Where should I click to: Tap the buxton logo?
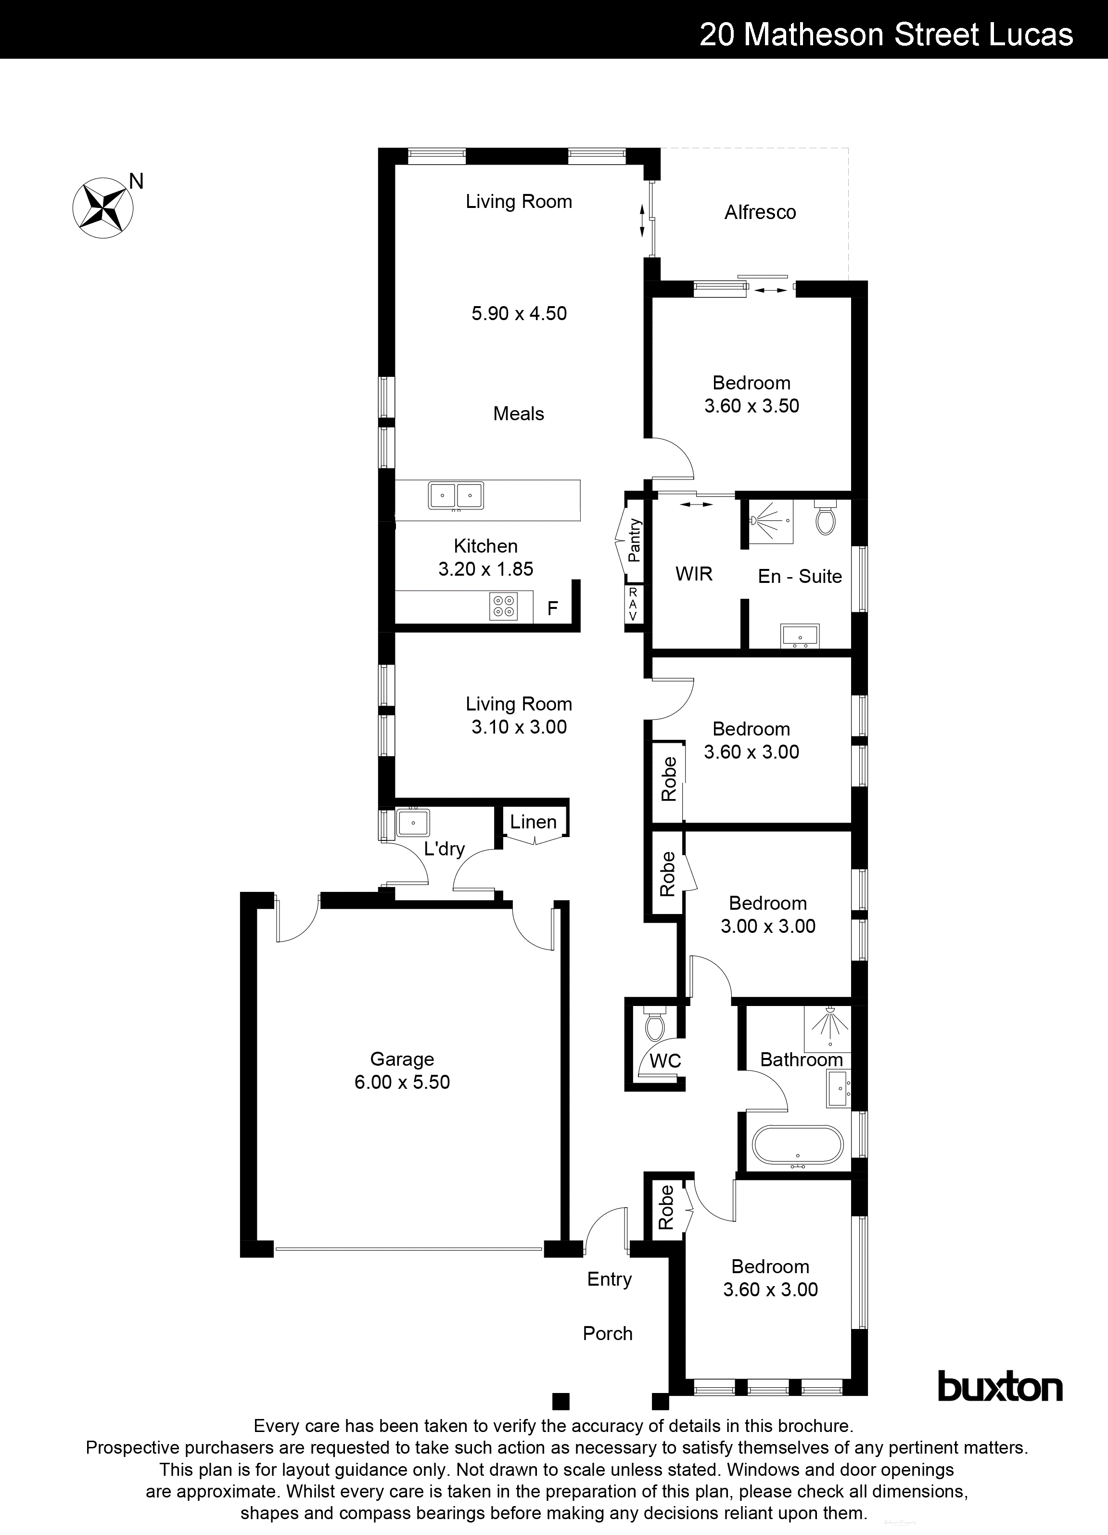(1000, 1387)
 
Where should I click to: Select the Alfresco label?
(760, 213)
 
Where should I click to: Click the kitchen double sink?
(456, 495)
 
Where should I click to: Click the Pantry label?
(634, 540)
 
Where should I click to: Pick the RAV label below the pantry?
(633, 604)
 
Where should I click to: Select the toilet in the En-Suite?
(825, 518)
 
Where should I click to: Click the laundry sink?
(412, 823)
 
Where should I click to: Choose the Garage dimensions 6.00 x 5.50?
(402, 1082)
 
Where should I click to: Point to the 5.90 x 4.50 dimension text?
(519, 313)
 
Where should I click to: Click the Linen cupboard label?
(533, 822)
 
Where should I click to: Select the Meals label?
(518, 413)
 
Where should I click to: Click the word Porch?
(608, 1333)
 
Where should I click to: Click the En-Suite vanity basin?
(800, 635)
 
